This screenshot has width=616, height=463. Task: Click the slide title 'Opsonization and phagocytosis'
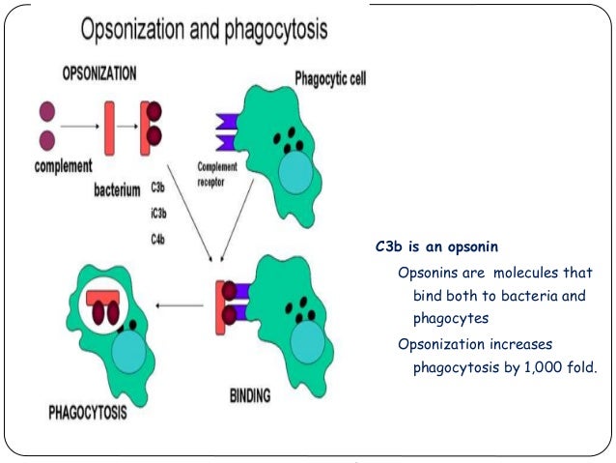point(204,32)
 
